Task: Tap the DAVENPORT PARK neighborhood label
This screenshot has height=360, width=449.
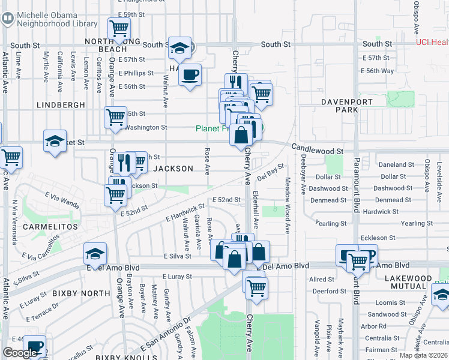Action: coord(348,106)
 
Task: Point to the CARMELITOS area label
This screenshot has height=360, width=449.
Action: coord(50,227)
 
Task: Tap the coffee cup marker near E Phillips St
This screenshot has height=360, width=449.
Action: coord(190,75)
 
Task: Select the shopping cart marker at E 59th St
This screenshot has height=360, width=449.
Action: coord(119,28)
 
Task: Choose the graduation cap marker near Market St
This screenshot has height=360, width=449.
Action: coord(55,142)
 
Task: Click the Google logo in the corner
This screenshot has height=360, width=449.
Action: coord(20,353)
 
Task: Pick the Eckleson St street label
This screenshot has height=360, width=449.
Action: coord(379,238)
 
